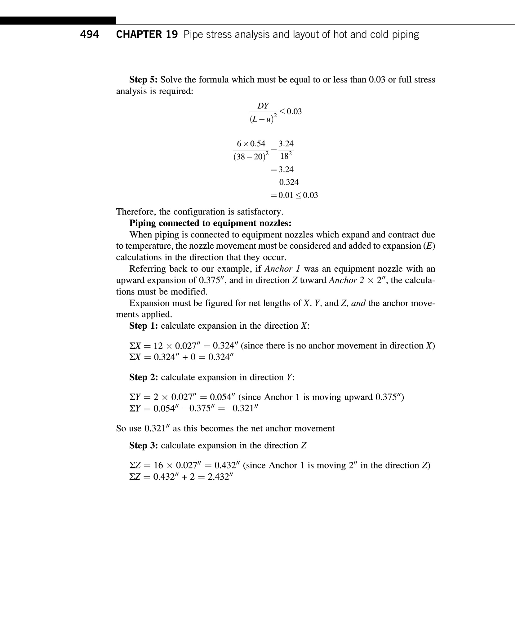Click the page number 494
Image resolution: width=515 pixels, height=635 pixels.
tap(89, 34)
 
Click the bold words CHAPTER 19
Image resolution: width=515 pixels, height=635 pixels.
tap(147, 34)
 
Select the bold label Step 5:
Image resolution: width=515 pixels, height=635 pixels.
tap(144, 80)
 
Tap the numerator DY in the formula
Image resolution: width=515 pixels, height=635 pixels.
tap(263, 106)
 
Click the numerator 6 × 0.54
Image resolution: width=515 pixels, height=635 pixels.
tap(251, 144)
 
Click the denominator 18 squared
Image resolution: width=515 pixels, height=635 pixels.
tap(286, 156)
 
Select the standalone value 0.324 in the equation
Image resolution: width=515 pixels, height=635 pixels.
tap(289, 182)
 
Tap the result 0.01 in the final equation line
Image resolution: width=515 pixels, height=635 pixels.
tap(285, 195)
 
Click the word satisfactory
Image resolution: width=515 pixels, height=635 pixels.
tap(259, 212)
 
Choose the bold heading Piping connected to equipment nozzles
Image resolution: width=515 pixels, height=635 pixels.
tap(210, 223)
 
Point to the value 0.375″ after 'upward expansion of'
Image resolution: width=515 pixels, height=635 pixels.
tap(212, 280)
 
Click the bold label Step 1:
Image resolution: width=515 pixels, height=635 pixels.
tap(144, 326)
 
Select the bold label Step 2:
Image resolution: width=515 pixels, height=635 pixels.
tap(144, 377)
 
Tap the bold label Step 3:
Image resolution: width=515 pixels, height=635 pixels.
tap(144, 446)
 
